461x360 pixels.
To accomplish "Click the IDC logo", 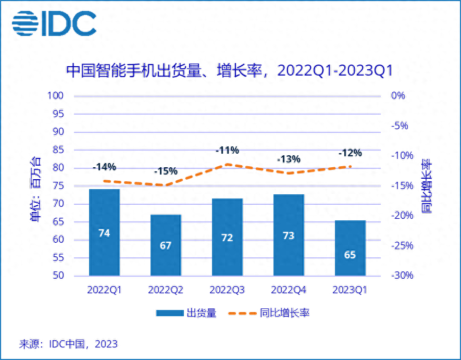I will [54, 23].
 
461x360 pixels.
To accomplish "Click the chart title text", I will [229, 71].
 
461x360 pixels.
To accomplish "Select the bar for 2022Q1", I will [104, 232].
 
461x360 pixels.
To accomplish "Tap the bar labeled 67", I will [166, 245].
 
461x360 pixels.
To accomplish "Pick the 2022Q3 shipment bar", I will [227, 237].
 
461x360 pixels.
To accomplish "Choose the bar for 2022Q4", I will [288, 235].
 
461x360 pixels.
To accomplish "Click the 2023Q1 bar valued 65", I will [350, 248].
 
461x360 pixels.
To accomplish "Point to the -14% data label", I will [104, 167].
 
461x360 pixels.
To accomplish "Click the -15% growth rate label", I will [166, 171].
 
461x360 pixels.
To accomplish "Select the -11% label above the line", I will [227, 151].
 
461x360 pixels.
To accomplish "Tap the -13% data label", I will [288, 159].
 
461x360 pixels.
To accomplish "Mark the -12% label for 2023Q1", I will [350, 153].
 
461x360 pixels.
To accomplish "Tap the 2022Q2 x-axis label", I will [166, 290].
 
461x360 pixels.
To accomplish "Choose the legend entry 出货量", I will [186, 313].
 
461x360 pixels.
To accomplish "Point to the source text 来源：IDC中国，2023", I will [68, 344].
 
